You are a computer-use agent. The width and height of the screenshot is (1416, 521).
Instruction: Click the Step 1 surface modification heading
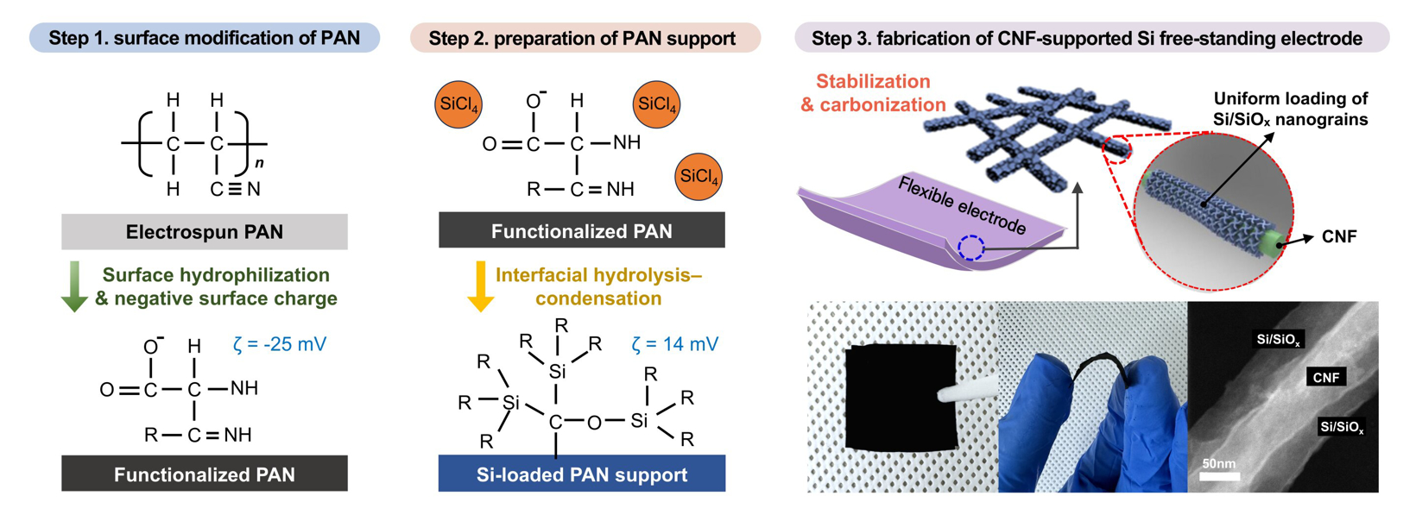tap(205, 38)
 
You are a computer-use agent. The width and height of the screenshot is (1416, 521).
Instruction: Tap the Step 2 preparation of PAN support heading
tap(583, 38)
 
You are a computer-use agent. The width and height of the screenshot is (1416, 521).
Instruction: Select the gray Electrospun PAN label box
tap(205, 232)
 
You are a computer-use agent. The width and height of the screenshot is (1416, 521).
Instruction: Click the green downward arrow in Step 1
tap(75, 286)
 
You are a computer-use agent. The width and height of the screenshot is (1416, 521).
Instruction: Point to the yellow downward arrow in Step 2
tap(480, 286)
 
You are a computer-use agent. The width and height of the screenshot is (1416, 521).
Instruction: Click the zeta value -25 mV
tap(280, 344)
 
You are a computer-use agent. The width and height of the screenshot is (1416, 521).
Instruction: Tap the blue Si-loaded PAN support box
tap(582, 474)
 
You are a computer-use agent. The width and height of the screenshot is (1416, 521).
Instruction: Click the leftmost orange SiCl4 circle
tap(458, 105)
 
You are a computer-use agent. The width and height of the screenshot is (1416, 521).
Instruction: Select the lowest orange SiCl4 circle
tap(699, 177)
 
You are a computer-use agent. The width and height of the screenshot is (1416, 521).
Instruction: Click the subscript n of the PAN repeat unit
tap(259, 164)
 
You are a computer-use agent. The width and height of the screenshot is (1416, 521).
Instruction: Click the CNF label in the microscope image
tap(1325, 377)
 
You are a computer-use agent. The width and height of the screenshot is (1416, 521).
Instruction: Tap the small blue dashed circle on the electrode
tap(971, 248)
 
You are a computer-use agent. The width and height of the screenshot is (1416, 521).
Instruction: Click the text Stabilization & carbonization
tap(873, 93)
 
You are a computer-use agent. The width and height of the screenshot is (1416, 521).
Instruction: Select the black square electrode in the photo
tap(901, 398)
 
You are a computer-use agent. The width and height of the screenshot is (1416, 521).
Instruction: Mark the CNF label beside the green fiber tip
tap(1339, 237)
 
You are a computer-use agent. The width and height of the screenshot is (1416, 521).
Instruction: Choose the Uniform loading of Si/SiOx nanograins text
tap(1290, 109)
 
